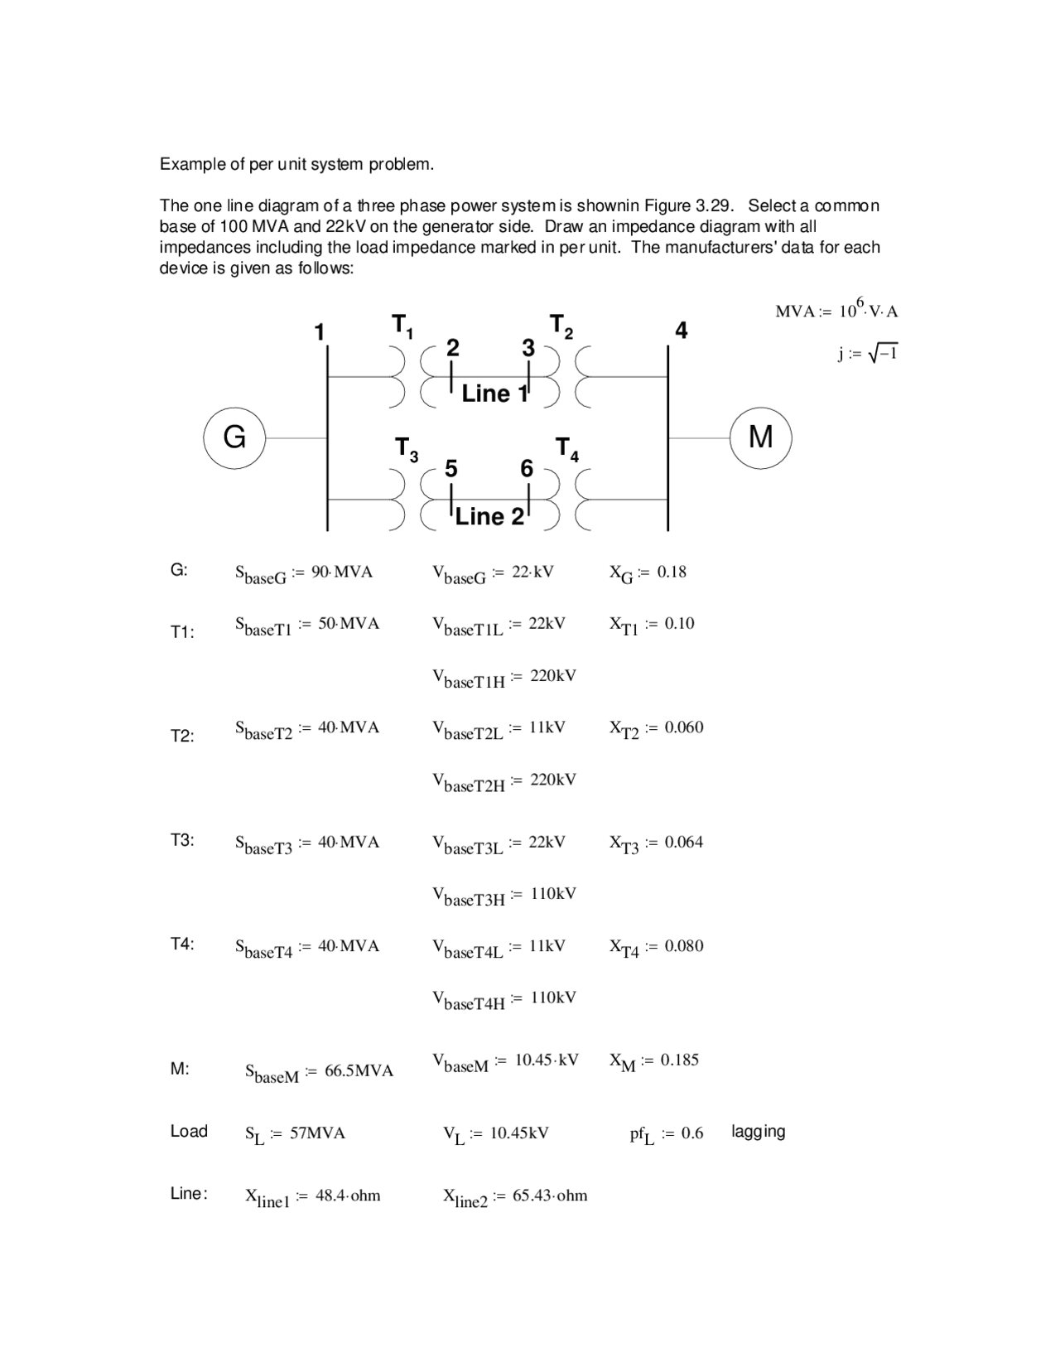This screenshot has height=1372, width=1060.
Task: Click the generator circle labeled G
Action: (x=234, y=437)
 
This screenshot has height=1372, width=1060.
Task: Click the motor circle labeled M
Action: (x=760, y=437)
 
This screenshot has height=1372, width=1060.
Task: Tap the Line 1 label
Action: (x=494, y=394)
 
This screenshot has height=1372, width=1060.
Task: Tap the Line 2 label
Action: (x=489, y=517)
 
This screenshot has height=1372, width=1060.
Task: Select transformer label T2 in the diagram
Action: (x=561, y=326)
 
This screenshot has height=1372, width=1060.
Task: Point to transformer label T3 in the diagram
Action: (x=406, y=450)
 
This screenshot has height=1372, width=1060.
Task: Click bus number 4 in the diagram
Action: (x=681, y=331)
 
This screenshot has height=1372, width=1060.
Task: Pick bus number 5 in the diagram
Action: (x=450, y=469)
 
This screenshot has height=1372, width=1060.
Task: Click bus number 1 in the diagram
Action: (x=319, y=332)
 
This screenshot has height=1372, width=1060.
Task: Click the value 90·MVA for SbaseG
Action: (x=342, y=572)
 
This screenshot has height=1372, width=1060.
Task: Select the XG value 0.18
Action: (x=672, y=572)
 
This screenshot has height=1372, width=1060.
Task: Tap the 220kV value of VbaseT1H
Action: (x=553, y=675)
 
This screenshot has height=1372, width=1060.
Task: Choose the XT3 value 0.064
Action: (x=683, y=842)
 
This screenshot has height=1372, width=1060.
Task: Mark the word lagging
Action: (x=758, y=1132)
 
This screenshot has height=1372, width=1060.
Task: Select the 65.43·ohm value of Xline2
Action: (x=550, y=1196)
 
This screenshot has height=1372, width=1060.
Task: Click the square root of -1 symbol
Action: (x=883, y=354)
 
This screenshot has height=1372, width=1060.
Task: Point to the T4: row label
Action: (x=182, y=944)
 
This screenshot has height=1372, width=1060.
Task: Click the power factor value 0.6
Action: (x=692, y=1133)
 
